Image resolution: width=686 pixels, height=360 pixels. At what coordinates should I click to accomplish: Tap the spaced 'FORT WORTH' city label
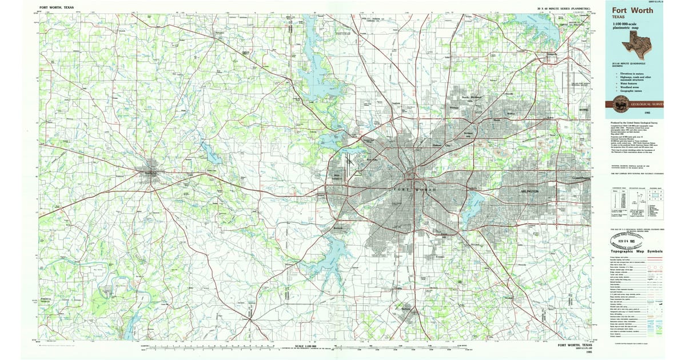coord(415,189)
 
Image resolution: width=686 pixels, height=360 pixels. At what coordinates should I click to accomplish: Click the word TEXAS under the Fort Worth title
coord(619,18)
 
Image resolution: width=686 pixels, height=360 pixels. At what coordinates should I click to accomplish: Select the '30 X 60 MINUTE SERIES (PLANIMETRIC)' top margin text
coord(564,8)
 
